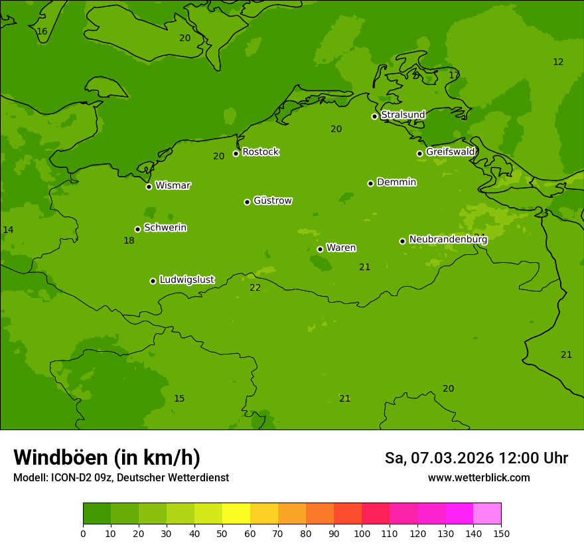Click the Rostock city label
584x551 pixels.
click(260, 152)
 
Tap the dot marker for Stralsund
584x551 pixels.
click(374, 116)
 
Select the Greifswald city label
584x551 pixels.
click(450, 152)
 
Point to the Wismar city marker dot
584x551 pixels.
click(149, 187)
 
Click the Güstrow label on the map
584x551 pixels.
click(272, 200)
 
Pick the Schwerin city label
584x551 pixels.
click(165, 228)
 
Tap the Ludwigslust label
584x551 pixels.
click(186, 279)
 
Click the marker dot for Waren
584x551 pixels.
click(320, 249)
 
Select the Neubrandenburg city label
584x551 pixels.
click(448, 239)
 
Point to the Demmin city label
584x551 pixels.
click(396, 182)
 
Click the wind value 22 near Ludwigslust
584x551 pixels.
click(256, 287)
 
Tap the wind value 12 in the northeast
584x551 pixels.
click(558, 62)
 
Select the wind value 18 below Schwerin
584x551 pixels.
click(129, 240)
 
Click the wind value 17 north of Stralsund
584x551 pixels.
click(454, 75)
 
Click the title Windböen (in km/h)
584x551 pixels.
click(107, 457)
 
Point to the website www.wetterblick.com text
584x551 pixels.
click(478, 477)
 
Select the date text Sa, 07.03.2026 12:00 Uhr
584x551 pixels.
click(476, 458)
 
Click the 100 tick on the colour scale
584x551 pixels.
click(362, 533)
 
